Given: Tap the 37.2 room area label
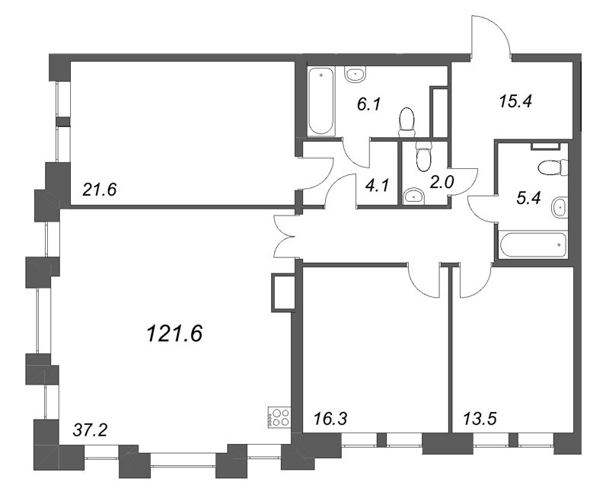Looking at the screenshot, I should [91, 431].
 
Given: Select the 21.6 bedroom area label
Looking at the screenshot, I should [103, 188].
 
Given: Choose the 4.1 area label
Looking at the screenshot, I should [376, 183].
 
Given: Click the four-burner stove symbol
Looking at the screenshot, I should [278, 416].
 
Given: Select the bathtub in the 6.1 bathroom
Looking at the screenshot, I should [321, 101].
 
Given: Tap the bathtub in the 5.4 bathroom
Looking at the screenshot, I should [533, 245].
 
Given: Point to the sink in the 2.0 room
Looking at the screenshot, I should [415, 196].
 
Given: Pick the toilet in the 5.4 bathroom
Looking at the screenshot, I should [549, 167].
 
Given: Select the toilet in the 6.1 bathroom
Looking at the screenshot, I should [407, 120].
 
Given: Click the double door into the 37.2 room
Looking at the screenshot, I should [284, 237].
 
